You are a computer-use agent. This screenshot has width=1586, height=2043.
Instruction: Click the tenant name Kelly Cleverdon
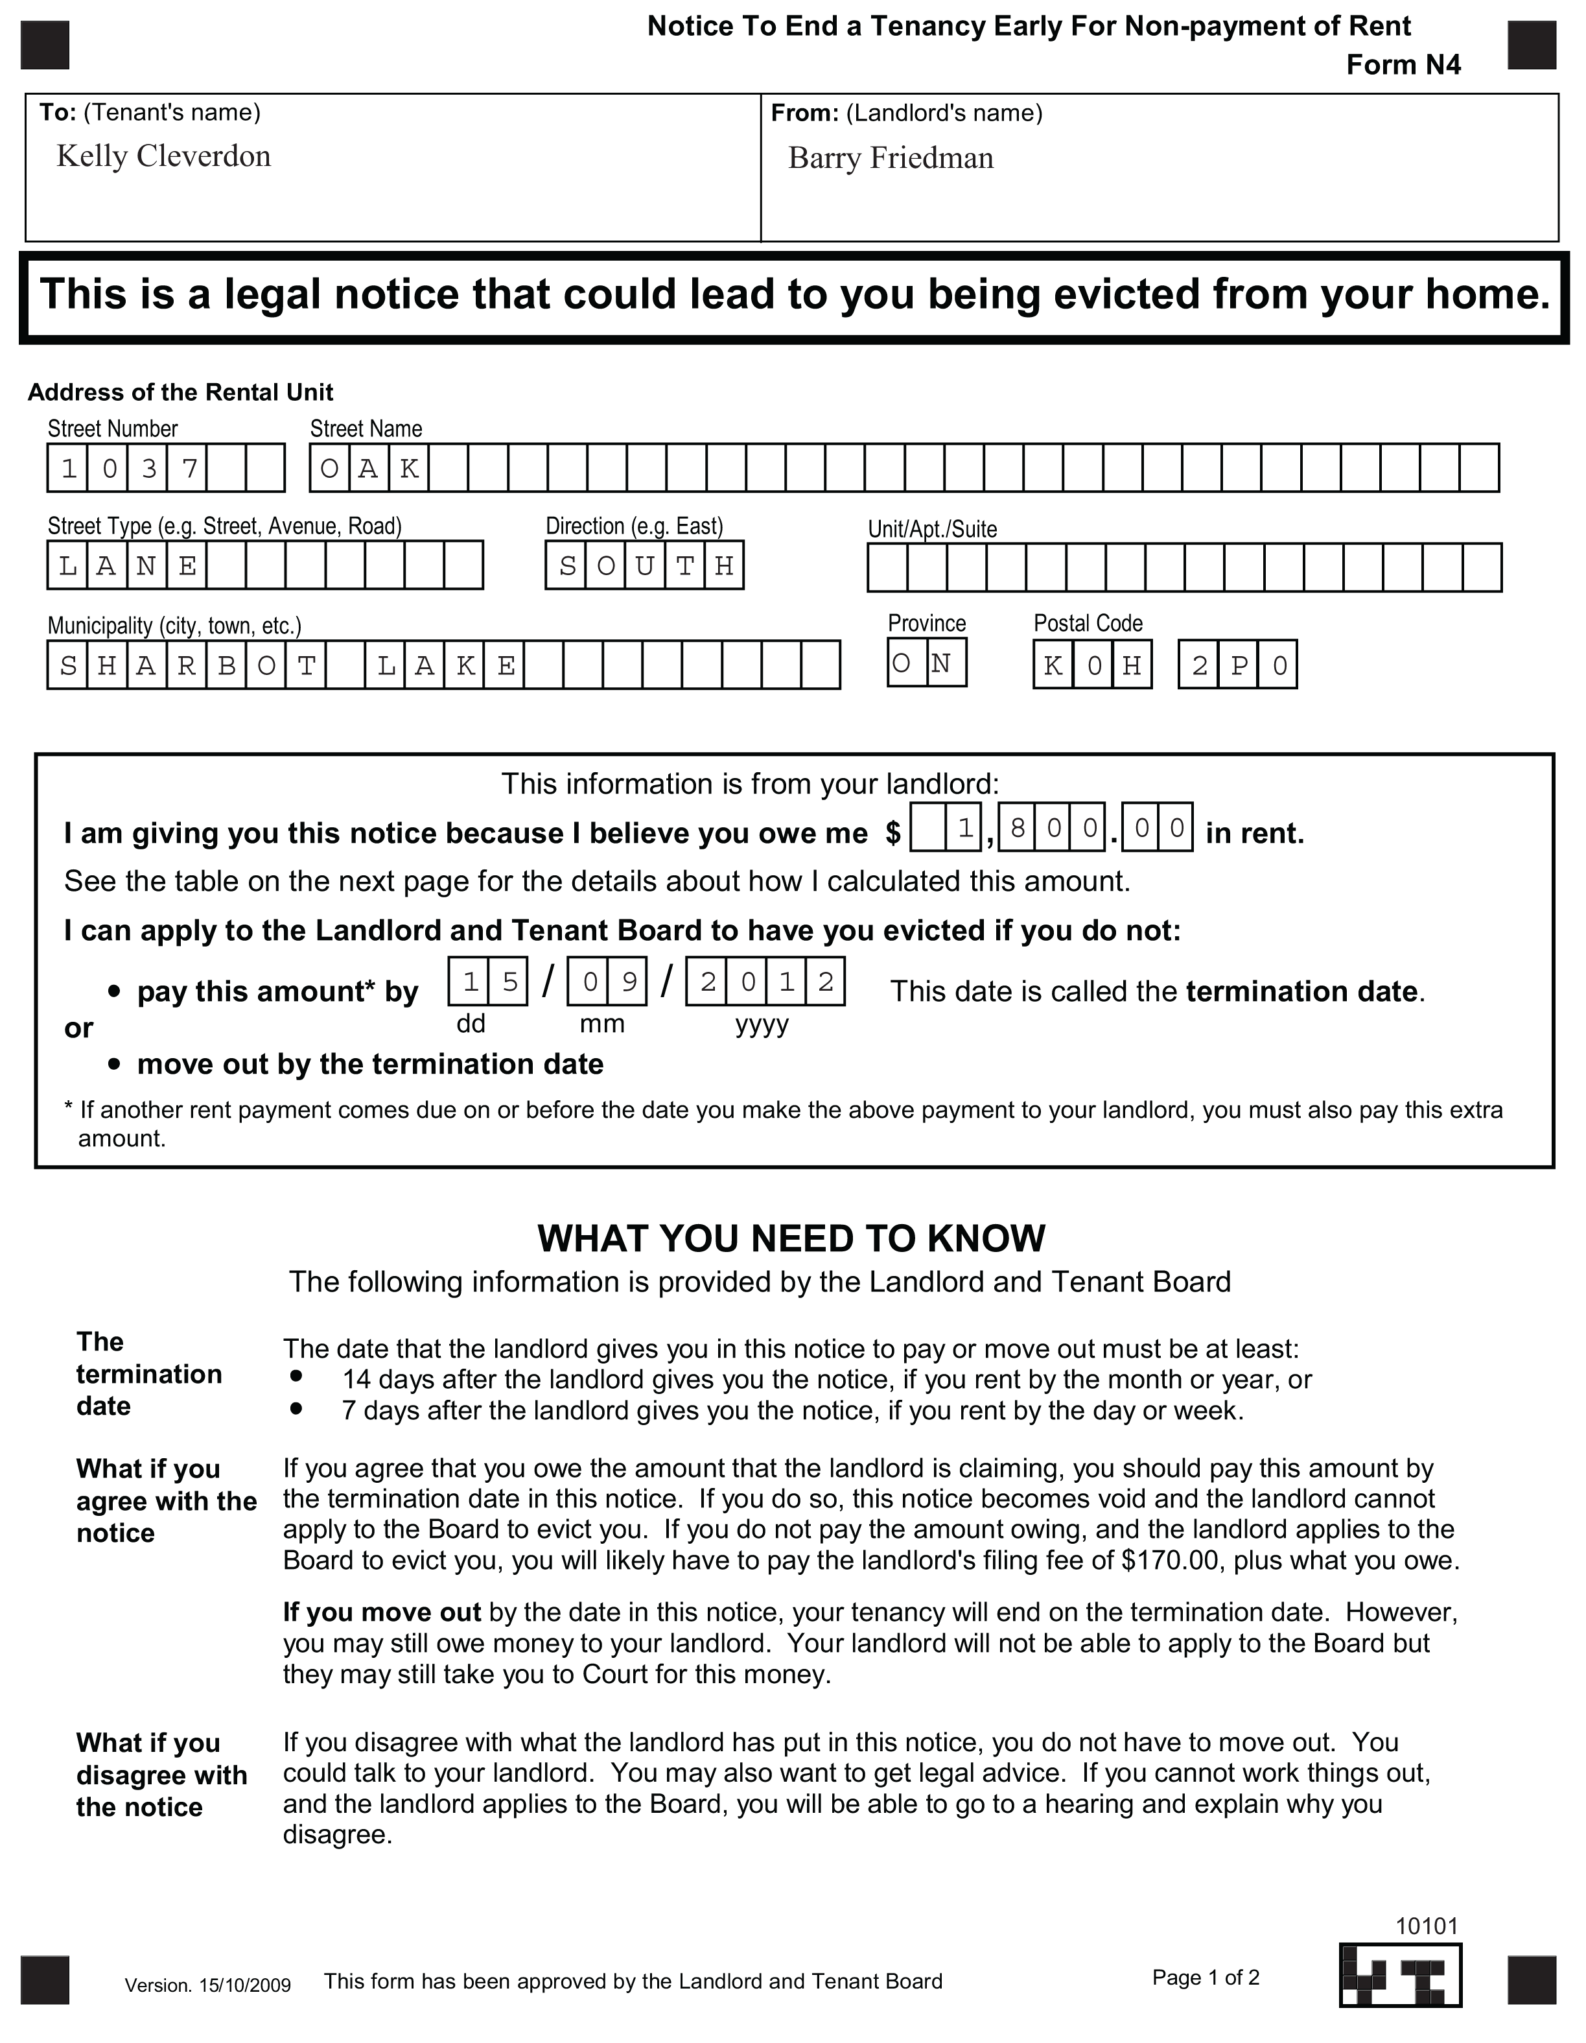[x=163, y=156]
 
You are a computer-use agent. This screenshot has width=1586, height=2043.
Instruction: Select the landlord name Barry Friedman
[x=891, y=158]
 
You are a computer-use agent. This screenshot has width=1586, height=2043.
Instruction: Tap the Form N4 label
[x=1403, y=65]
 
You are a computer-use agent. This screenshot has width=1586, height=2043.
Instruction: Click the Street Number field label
[x=112, y=429]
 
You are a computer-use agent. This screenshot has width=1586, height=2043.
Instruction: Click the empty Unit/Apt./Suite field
[x=1184, y=568]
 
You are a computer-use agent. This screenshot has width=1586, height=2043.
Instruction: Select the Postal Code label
[x=1088, y=623]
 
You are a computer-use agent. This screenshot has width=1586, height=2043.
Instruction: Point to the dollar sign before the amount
[x=893, y=833]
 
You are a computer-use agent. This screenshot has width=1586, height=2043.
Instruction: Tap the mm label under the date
[x=602, y=1023]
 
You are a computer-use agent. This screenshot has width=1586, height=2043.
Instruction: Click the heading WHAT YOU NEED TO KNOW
[x=791, y=1238]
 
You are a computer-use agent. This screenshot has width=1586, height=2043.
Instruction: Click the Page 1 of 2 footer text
[x=1206, y=1978]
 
